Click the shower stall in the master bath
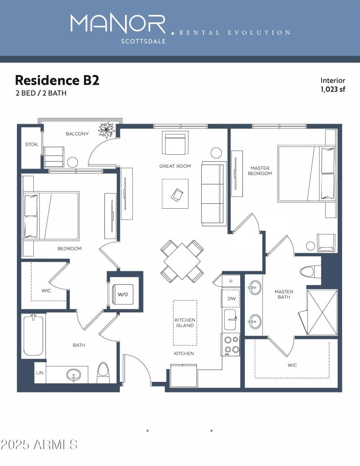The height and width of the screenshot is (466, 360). (x=321, y=312)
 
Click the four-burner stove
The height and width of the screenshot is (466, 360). (x=231, y=344)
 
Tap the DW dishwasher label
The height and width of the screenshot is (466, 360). (x=231, y=299)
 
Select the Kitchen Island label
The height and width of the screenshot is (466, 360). (x=184, y=323)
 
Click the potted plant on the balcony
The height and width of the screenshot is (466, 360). (x=107, y=130)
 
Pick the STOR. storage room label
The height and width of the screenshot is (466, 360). (x=31, y=145)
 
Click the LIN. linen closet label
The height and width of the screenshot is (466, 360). (x=40, y=373)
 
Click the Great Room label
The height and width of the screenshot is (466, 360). (x=175, y=166)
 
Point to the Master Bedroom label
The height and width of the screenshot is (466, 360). (x=260, y=170)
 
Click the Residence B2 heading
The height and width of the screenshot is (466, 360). (x=57, y=81)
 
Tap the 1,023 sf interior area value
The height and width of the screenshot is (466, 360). (x=333, y=89)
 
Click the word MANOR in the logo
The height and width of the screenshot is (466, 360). (x=118, y=23)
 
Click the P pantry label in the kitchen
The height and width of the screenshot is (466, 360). (x=231, y=281)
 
